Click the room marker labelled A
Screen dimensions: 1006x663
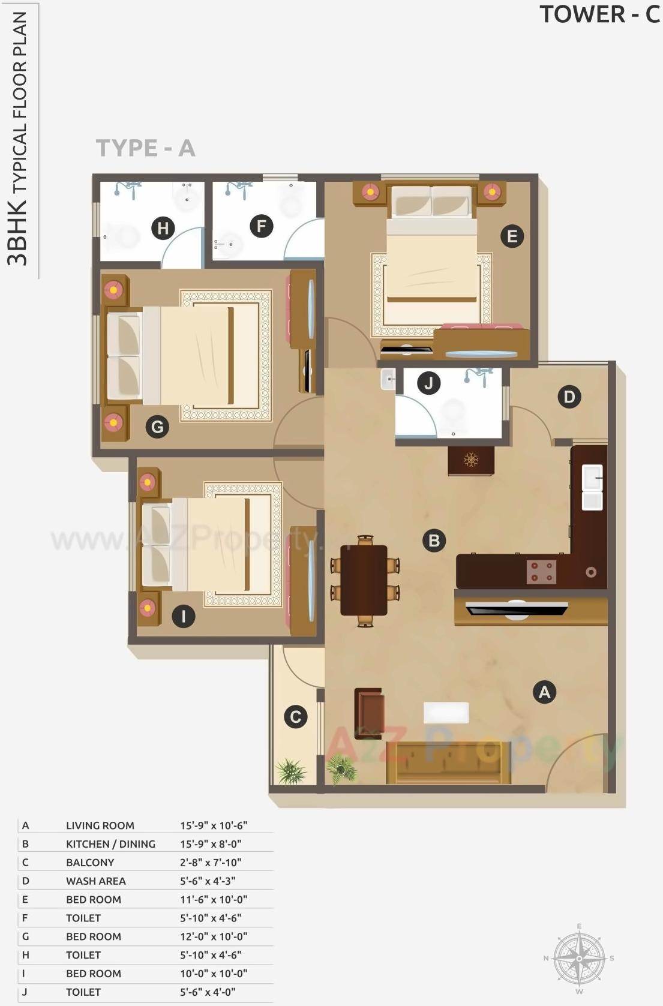(x=544, y=692)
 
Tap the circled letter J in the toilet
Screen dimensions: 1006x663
(x=428, y=383)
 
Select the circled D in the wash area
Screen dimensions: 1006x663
(x=569, y=397)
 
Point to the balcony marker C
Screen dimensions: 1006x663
(x=295, y=717)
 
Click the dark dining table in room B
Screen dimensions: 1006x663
(x=364, y=580)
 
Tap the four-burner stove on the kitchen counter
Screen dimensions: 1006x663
(x=541, y=572)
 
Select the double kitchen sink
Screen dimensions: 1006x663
(x=592, y=487)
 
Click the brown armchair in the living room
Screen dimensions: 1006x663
(x=370, y=713)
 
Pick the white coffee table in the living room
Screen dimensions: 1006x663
(x=446, y=713)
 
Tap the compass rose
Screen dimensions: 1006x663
(x=578, y=958)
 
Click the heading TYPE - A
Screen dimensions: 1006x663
(x=145, y=148)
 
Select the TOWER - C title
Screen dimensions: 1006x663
(x=599, y=14)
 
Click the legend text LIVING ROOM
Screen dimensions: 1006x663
(x=100, y=825)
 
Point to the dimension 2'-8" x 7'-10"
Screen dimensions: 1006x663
(x=211, y=863)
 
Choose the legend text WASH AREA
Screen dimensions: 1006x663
(x=96, y=881)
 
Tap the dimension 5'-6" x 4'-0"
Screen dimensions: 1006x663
(x=210, y=992)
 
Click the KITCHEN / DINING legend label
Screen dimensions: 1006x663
(x=110, y=844)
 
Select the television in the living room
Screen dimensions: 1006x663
(x=517, y=609)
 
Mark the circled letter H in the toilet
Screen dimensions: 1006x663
(x=163, y=228)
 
